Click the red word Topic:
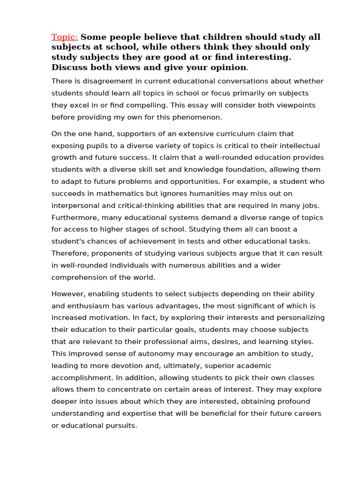pyautogui.click(x=65, y=37)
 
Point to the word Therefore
pyautogui.click(x=69, y=254)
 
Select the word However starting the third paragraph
pyautogui.click(x=68, y=294)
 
